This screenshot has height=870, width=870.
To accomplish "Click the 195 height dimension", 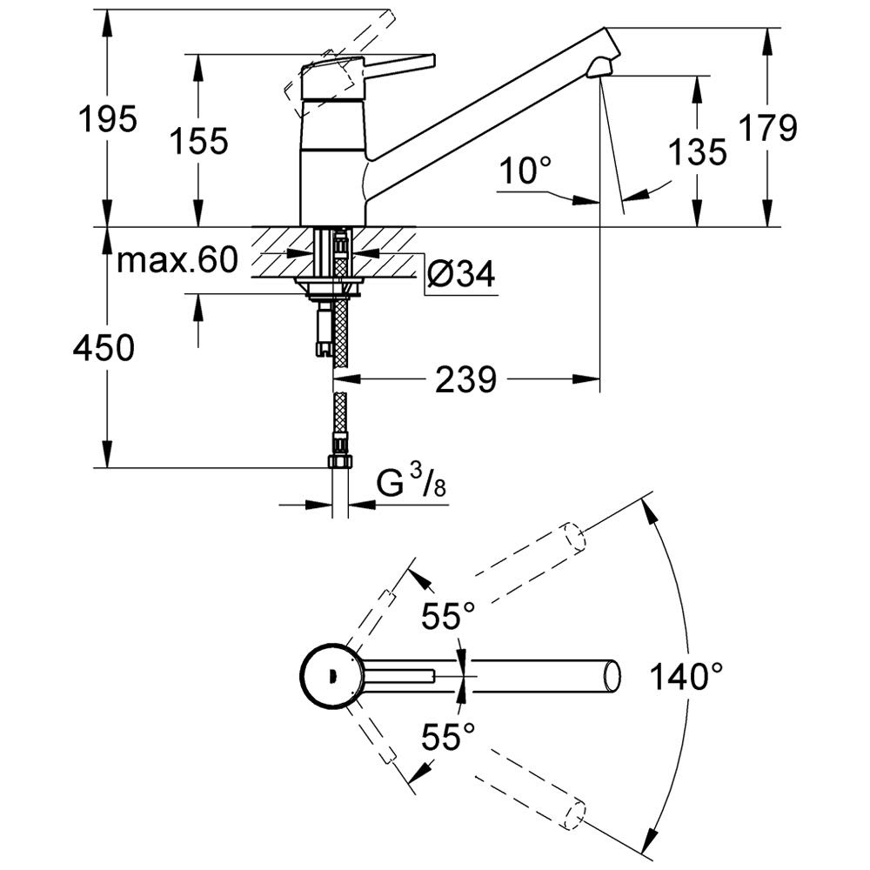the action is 108,118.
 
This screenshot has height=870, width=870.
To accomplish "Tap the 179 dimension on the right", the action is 768,128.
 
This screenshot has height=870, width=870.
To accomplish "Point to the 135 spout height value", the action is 698,151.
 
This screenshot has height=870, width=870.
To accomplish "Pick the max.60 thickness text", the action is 177,259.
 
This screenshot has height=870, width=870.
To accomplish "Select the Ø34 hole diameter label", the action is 462,273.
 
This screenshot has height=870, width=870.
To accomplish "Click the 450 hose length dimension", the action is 104,349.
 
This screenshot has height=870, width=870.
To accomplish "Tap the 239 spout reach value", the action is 465,380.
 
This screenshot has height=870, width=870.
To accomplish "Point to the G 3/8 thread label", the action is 412,482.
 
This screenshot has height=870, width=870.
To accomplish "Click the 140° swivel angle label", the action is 686,676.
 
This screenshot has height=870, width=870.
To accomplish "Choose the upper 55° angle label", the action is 448,615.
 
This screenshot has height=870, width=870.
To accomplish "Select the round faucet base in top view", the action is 332,676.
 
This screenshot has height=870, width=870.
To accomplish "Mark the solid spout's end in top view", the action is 612,676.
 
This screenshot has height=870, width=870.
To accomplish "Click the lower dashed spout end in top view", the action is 575,814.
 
